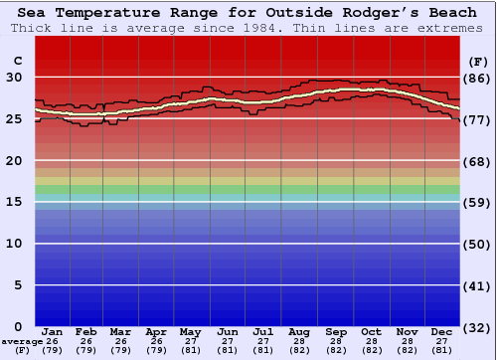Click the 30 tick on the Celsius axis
click(14, 78)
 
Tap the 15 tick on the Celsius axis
click(14, 202)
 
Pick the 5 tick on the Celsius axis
click(17, 285)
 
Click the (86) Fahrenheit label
click(477, 78)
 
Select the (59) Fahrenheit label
click(477, 202)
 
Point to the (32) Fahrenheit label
click(477, 326)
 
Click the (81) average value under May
click(190, 350)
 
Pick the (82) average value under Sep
click(336, 350)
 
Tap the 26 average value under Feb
click(86, 340)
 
